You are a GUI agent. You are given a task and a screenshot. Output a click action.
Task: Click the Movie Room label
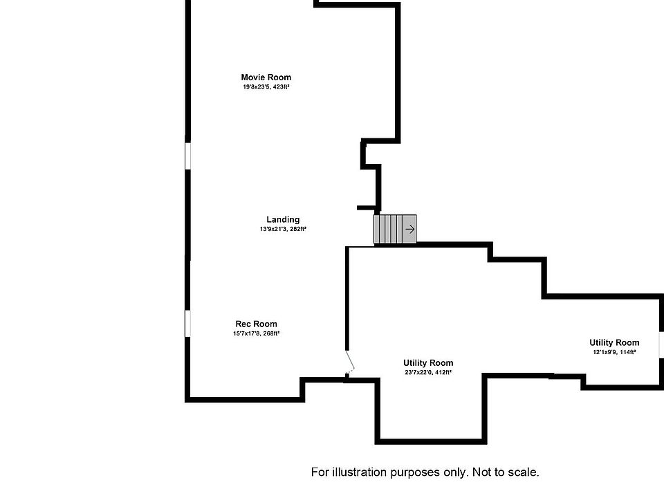tap(266, 77)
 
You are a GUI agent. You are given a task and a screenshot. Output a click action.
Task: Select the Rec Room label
tap(256, 324)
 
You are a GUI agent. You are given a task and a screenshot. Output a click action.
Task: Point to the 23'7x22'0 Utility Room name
tap(428, 362)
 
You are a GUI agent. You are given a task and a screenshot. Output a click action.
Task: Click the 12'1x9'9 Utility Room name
tap(614, 342)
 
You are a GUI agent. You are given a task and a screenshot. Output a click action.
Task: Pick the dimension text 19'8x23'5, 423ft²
tap(266, 87)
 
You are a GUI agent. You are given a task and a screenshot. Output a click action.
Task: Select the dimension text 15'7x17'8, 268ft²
tap(256, 333)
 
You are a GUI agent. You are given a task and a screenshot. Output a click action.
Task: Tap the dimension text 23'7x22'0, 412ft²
tap(428, 372)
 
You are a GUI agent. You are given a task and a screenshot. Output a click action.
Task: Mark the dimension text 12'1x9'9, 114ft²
tap(614, 352)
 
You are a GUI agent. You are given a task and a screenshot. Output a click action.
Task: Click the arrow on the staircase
tap(409, 229)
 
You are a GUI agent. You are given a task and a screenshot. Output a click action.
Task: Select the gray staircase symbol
tap(395, 229)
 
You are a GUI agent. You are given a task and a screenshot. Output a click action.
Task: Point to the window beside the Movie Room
tap(187, 155)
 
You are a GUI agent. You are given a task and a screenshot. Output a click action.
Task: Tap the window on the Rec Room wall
tap(187, 324)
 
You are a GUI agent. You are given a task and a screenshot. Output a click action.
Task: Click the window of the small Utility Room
tap(661, 345)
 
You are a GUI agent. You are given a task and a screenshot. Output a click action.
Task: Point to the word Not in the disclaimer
tap(481, 472)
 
